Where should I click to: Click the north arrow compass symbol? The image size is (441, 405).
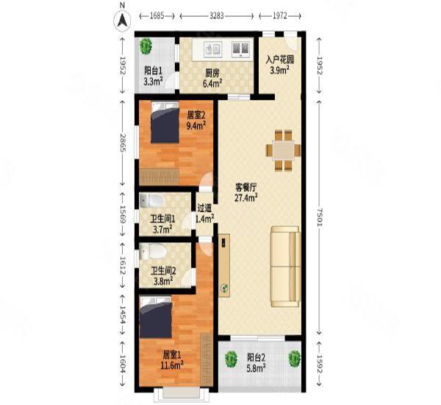click(122, 21)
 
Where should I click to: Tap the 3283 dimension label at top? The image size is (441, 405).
click(217, 15)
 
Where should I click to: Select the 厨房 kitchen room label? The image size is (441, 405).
click(212, 74)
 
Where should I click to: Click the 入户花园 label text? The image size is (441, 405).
click(280, 60)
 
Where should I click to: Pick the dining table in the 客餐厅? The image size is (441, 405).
click(283, 150)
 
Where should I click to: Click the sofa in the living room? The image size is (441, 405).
click(285, 267)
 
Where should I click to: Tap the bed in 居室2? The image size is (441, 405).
click(165, 122)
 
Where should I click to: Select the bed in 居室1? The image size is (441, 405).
click(156, 317)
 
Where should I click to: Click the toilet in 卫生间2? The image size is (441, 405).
click(152, 251)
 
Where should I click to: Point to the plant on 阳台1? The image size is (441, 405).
click(146, 46)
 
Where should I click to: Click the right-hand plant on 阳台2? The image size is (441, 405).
click(295, 359)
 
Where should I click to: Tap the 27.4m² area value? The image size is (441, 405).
click(246, 198)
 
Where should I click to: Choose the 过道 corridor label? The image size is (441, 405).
click(204, 208)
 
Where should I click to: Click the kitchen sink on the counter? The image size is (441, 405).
click(212, 49)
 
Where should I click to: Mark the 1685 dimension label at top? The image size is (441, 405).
click(157, 15)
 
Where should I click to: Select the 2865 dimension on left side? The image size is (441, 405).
click(123, 143)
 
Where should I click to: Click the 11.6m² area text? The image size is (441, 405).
click(172, 365)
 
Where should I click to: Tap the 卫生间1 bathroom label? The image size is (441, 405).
click(163, 219)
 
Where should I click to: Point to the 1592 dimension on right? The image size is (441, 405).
click(319, 364)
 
